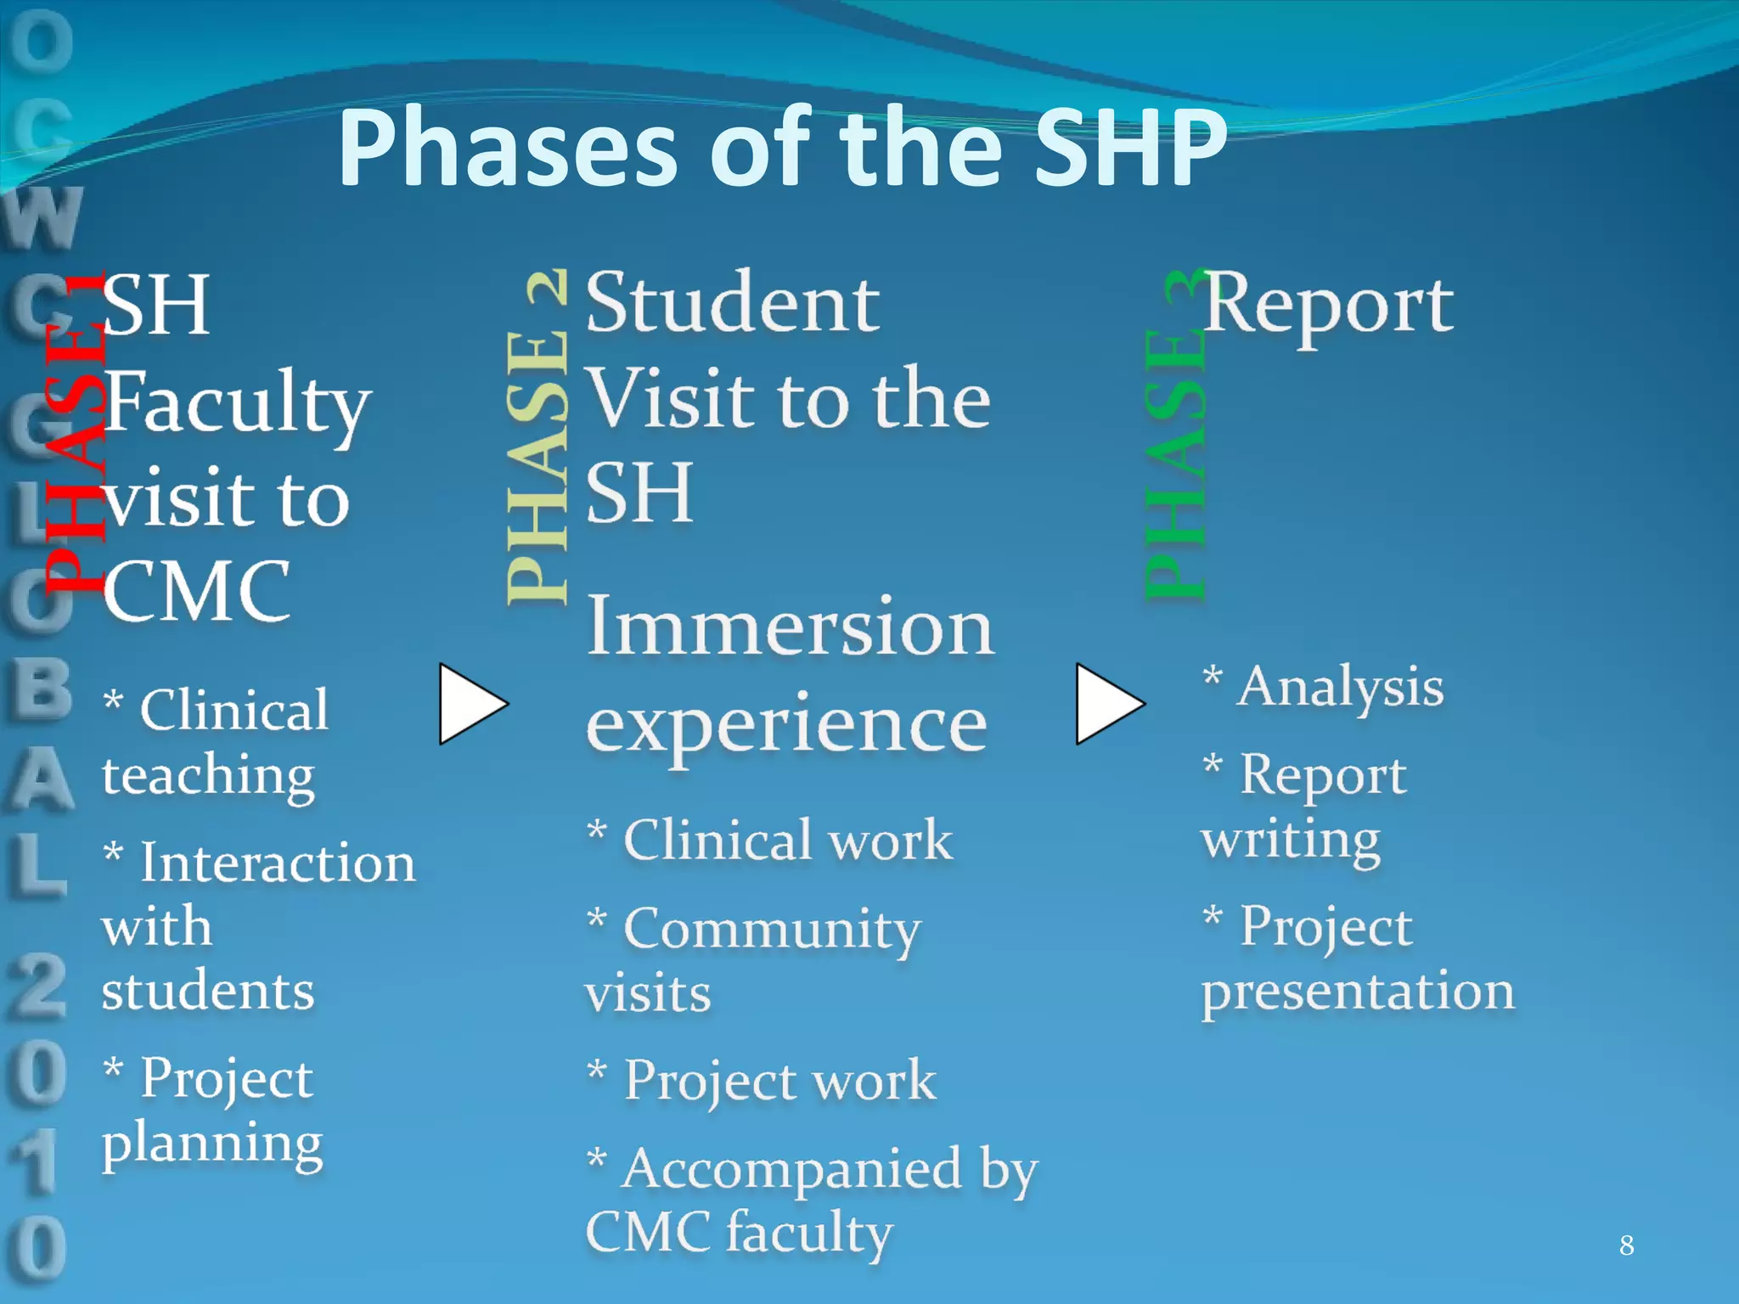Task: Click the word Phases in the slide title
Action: pyautogui.click(x=507, y=149)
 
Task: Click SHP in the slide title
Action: pyautogui.click(x=1130, y=149)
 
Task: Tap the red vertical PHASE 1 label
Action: pyautogui.click(x=75, y=433)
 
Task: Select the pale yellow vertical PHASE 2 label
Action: pyautogui.click(x=537, y=437)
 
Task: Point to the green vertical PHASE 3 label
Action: pyautogui.click(x=1175, y=437)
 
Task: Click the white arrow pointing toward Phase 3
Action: pyautogui.click(x=1106, y=704)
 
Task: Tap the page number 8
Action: pyautogui.click(x=1626, y=1245)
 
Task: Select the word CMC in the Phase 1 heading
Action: pyautogui.click(x=197, y=591)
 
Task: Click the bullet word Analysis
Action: pyautogui.click(x=1340, y=687)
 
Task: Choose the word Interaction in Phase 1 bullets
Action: pyautogui.click(x=278, y=863)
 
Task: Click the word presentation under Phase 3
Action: pyautogui.click(x=1358, y=992)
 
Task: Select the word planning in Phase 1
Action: pyautogui.click(x=212, y=1144)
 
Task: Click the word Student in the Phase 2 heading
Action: pyautogui.click(x=733, y=304)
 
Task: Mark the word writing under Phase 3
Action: pyautogui.click(x=1291, y=840)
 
